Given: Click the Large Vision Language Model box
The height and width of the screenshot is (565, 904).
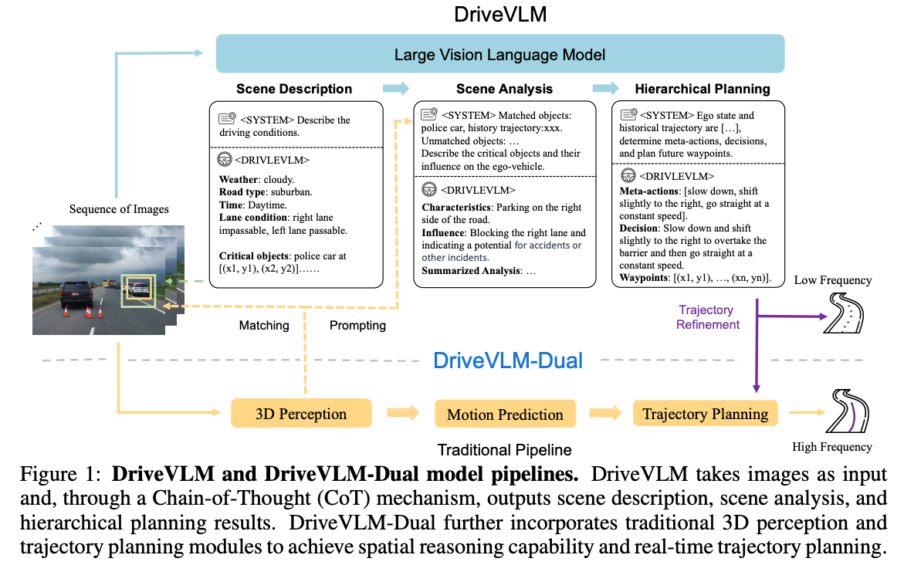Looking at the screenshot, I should [x=499, y=55].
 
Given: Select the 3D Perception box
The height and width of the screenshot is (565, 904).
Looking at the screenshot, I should [x=301, y=414].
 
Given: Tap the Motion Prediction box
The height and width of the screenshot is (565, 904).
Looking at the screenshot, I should [x=505, y=414].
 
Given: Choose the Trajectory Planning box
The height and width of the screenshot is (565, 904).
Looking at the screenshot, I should [x=705, y=414].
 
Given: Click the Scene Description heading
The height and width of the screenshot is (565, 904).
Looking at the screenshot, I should [x=293, y=89].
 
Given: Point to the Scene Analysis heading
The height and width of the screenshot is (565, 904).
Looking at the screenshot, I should [x=504, y=89].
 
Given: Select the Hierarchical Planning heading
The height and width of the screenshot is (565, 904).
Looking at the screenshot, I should [x=702, y=89].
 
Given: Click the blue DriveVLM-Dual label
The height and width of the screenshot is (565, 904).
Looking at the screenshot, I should [x=508, y=360].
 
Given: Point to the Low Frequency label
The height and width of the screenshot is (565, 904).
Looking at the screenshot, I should [x=832, y=280].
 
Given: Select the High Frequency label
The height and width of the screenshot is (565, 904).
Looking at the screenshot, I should [x=832, y=447].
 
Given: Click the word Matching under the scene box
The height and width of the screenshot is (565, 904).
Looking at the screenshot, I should [x=264, y=325].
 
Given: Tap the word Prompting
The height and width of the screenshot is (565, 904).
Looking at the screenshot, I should [x=357, y=325].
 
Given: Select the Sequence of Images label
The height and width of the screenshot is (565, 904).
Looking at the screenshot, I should [x=119, y=208].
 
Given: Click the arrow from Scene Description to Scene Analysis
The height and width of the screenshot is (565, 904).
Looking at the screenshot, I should [x=396, y=88].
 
